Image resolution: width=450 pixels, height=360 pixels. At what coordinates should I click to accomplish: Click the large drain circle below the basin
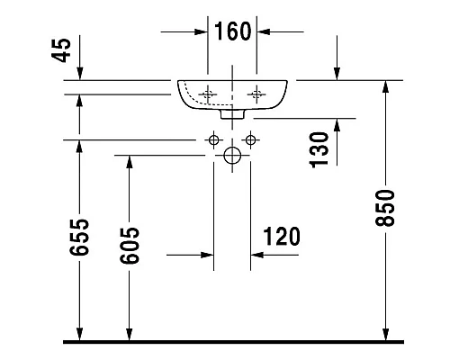click(231, 156)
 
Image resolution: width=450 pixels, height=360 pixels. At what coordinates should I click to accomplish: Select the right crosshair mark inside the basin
click(258, 93)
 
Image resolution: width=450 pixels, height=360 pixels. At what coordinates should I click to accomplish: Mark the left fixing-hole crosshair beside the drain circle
click(213, 139)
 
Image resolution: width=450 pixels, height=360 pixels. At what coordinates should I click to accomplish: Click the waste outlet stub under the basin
click(232, 115)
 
